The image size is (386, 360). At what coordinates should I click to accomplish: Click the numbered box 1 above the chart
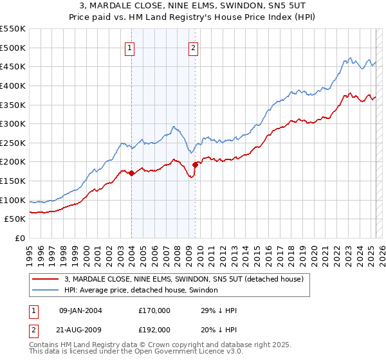(x=130, y=47)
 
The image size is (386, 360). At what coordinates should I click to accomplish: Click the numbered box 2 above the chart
(x=193, y=47)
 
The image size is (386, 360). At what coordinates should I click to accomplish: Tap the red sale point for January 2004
(x=131, y=173)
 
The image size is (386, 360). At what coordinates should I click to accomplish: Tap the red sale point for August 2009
(x=195, y=165)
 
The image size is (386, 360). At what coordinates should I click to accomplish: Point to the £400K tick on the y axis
(x=13, y=85)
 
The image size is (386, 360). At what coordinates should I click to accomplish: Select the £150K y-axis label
(x=13, y=181)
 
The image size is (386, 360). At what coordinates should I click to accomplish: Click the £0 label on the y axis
(x=19, y=239)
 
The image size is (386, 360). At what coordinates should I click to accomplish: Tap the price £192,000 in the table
(x=154, y=329)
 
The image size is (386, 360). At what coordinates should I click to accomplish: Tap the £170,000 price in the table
(x=154, y=310)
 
